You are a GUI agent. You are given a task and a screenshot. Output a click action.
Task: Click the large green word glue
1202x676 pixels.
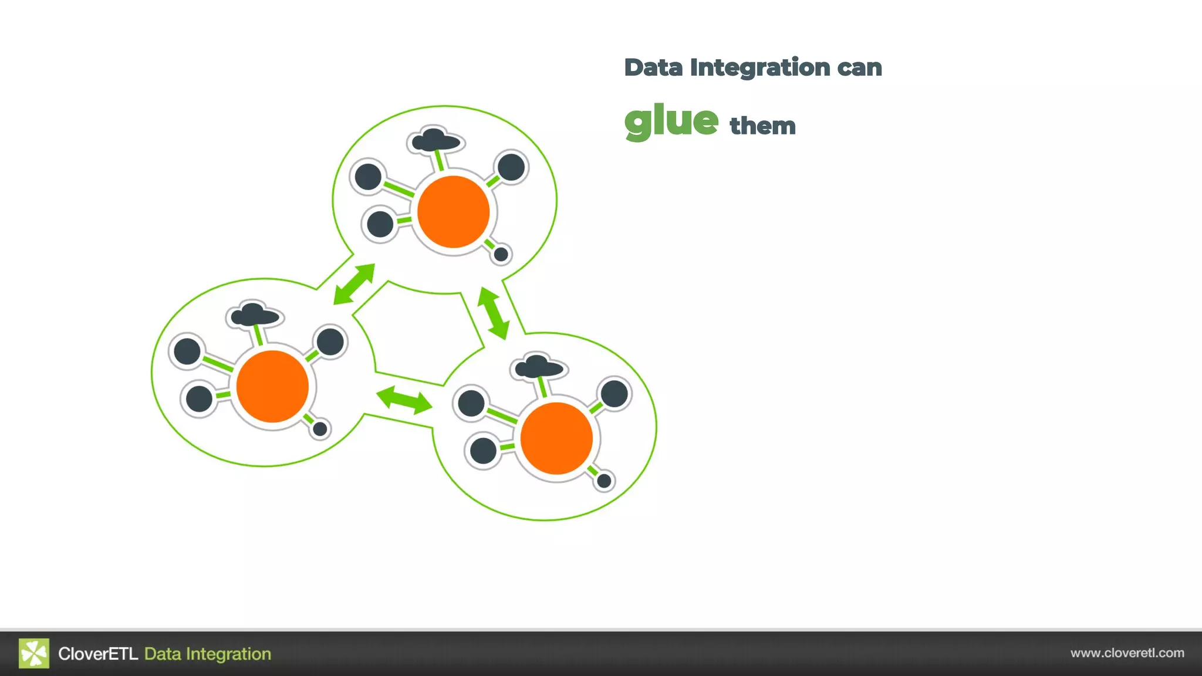click(x=671, y=121)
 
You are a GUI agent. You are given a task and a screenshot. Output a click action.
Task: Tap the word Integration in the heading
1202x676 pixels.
click(x=760, y=68)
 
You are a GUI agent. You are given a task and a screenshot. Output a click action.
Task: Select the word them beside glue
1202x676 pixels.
click(x=762, y=126)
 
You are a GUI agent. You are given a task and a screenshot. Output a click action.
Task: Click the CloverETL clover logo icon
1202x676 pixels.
click(x=34, y=653)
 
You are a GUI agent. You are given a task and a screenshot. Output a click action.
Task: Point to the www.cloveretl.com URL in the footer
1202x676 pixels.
click(x=1127, y=653)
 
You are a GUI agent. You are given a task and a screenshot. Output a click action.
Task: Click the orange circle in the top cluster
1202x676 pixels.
click(x=453, y=212)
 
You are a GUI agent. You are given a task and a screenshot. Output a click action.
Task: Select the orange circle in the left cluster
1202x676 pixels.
click(x=272, y=386)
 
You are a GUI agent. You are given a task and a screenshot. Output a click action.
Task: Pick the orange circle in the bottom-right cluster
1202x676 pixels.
click(x=556, y=438)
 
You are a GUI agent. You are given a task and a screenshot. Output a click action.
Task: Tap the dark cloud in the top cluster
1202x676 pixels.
click(x=435, y=141)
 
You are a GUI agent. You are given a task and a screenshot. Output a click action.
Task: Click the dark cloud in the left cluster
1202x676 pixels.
click(x=255, y=315)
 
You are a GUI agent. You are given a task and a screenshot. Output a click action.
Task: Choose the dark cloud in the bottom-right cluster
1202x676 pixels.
click(x=539, y=367)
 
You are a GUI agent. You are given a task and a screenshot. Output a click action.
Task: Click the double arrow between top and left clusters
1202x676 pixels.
click(x=354, y=284)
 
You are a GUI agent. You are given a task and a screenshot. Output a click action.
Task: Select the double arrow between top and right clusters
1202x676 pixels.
click(x=493, y=313)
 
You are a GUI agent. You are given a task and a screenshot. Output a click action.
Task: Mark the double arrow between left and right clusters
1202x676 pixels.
click(x=404, y=400)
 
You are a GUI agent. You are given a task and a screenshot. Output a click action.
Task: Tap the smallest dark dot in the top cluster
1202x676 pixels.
click(x=501, y=254)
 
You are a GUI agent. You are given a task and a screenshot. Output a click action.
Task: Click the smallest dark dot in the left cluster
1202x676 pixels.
click(x=320, y=429)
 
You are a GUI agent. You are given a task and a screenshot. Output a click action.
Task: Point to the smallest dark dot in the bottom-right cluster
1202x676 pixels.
click(x=604, y=481)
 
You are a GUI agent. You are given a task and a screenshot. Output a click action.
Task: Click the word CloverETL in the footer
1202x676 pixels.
click(x=98, y=654)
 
